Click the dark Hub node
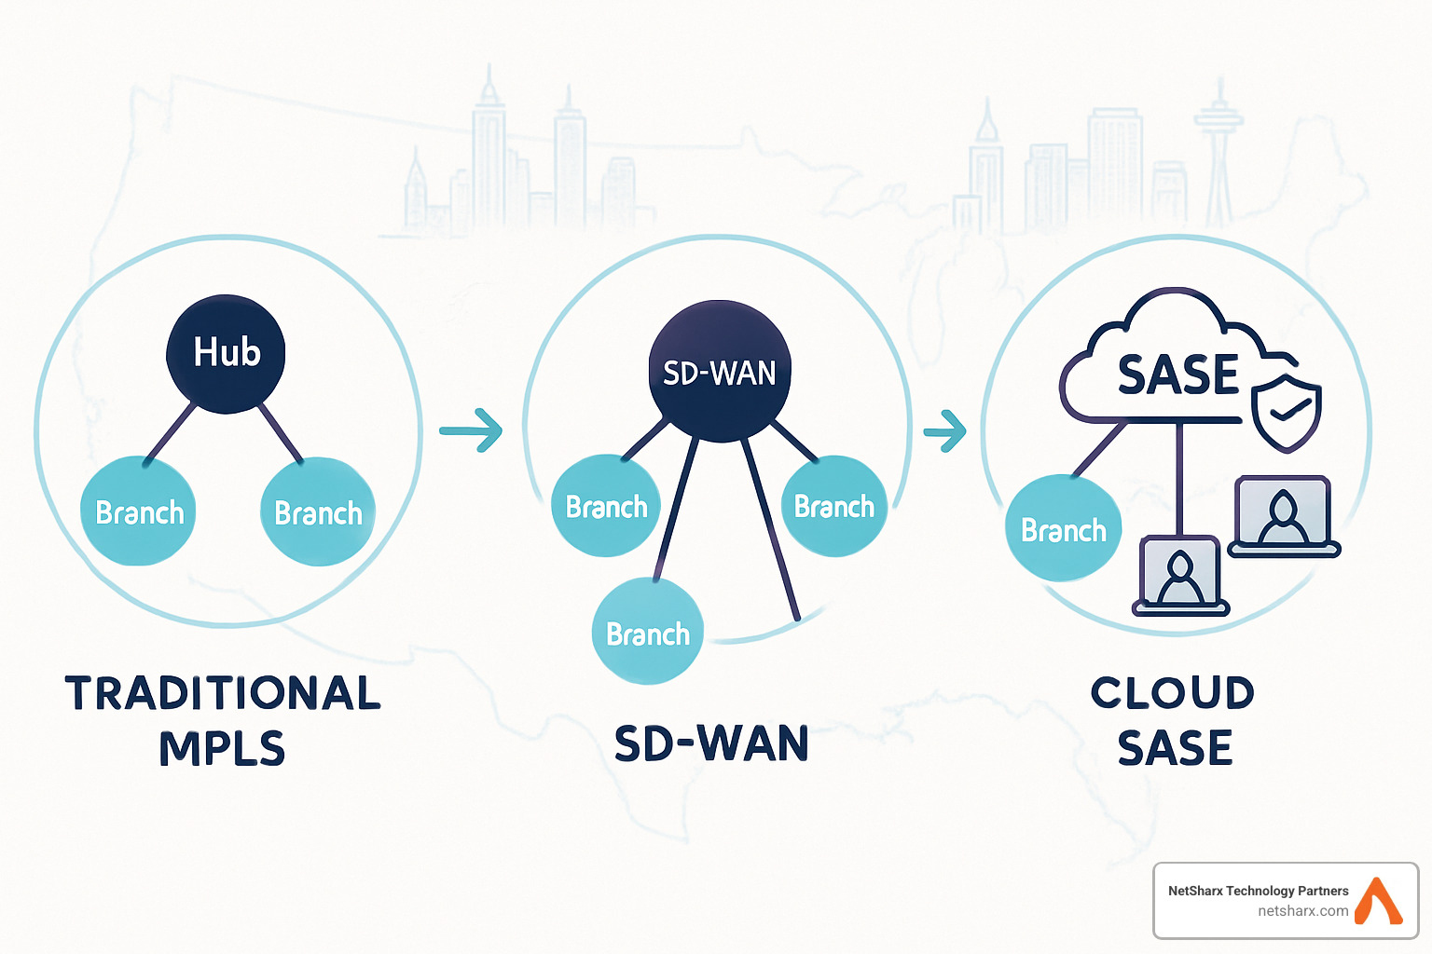tap(226, 353)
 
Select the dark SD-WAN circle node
tap(719, 372)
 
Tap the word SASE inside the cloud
tap(1177, 375)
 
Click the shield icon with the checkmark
tap(1286, 411)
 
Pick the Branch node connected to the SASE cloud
tap(1063, 529)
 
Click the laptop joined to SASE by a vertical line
tap(1180, 576)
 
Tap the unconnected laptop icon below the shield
tap(1284, 517)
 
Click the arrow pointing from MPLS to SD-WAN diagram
tap(471, 430)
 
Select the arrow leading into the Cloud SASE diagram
tap(945, 430)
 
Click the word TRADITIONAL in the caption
tap(223, 694)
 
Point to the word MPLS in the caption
tap(222, 749)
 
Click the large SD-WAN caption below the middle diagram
tap(711, 744)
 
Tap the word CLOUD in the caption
tap(1173, 693)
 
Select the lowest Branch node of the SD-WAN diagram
tap(647, 633)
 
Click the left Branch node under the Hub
tap(139, 512)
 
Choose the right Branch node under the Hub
tap(318, 512)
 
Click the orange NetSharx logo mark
tap(1378, 901)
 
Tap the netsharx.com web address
tap(1302, 911)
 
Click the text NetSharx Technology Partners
tap(1258, 891)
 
